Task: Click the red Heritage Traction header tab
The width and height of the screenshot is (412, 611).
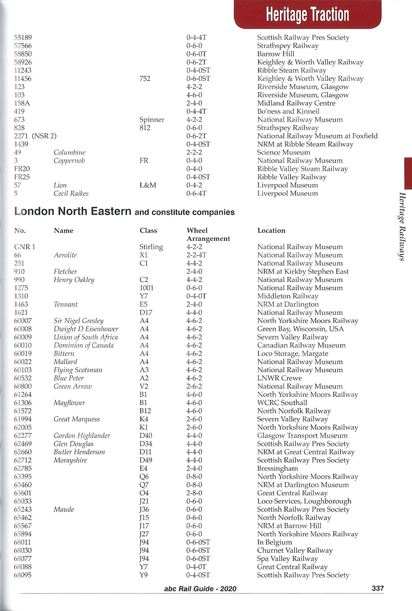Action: (x=307, y=14)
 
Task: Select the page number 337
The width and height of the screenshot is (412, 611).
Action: (x=378, y=588)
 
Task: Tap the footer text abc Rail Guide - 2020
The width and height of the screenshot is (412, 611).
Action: (x=200, y=589)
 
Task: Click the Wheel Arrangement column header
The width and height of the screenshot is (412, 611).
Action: (x=208, y=234)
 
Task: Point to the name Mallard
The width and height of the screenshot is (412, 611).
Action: (x=65, y=362)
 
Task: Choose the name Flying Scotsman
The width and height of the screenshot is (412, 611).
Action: (x=78, y=370)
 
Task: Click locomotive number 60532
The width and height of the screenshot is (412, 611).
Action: (x=23, y=378)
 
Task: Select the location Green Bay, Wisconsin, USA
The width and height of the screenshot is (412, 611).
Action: (x=300, y=329)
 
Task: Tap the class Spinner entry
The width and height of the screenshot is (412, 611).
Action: (x=152, y=120)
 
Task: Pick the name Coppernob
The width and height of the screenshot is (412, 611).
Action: (x=69, y=161)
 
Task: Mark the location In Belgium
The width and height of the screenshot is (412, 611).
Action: (x=275, y=542)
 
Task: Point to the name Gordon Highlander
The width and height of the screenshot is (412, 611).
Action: (x=82, y=436)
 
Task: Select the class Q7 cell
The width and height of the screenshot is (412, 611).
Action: (x=144, y=485)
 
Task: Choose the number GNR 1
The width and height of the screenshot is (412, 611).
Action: (x=24, y=247)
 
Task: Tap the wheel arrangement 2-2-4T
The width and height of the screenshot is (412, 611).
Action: (x=196, y=255)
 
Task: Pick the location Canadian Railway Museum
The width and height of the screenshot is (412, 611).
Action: (x=301, y=345)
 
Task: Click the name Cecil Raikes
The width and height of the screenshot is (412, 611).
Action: (x=71, y=194)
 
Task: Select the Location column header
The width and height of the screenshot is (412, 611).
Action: (x=271, y=231)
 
